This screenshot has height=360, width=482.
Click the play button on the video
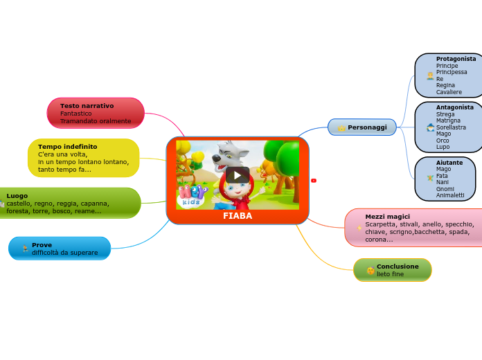point(238,174)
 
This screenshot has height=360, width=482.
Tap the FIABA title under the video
point(238,216)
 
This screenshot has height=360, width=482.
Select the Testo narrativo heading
point(87,106)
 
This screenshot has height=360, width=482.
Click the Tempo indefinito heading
point(67,147)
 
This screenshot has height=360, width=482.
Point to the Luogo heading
point(17,196)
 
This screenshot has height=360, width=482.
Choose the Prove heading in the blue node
point(42,245)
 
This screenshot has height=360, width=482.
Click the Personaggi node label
point(367,127)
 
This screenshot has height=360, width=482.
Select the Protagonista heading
point(456,59)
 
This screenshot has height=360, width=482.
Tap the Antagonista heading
point(454,107)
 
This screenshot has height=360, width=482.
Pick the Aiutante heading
point(449,163)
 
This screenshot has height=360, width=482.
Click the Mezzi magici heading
point(387,217)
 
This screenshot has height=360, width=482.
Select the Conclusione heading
point(398,267)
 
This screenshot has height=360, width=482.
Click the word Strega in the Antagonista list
point(445,114)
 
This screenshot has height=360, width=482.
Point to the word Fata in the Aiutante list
point(442,176)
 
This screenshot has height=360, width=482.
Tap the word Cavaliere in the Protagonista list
point(449,92)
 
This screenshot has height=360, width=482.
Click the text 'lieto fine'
point(390,274)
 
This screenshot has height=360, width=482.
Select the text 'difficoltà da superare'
point(64,253)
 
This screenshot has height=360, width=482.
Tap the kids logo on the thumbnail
point(191,196)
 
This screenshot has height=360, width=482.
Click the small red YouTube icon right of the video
point(314,181)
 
